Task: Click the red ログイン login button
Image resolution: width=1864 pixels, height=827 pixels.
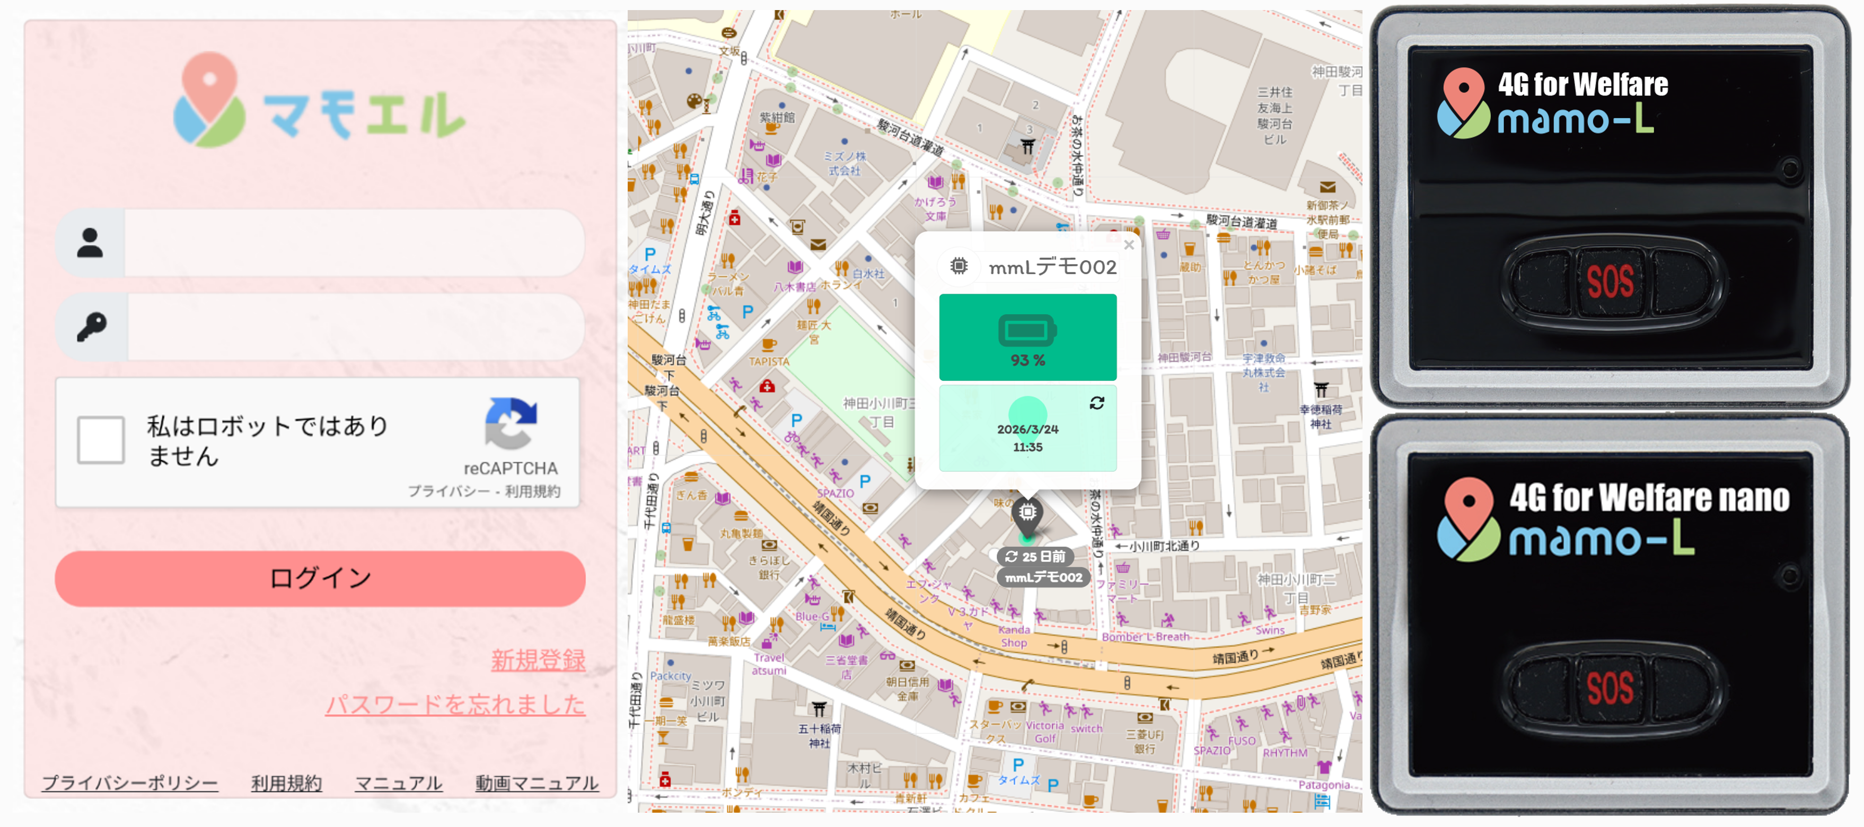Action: [320, 578]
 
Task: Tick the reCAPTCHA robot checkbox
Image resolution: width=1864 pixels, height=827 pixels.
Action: [101, 439]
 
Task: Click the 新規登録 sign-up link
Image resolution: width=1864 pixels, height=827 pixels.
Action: [538, 660]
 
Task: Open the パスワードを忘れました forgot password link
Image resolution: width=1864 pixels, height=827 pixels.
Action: [455, 704]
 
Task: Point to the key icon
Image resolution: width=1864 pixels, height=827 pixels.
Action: [92, 327]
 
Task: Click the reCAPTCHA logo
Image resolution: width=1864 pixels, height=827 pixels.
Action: [511, 423]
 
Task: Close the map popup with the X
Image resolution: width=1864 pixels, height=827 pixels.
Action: [1129, 245]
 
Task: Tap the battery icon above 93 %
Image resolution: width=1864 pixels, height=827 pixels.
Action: [1027, 331]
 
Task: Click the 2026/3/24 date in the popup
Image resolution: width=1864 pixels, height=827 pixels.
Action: [1027, 429]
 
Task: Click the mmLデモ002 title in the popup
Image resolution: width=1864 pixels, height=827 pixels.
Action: [1052, 268]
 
